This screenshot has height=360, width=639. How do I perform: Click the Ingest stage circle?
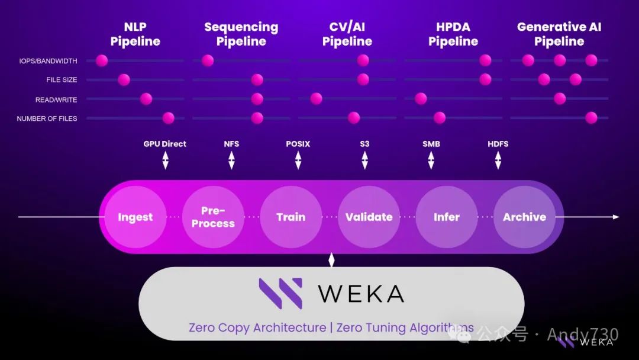(135, 217)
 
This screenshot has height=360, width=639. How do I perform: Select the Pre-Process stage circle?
(213, 217)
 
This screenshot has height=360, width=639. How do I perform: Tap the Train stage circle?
(291, 217)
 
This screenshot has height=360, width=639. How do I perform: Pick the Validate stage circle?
(369, 217)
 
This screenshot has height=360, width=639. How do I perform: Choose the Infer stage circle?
(446, 217)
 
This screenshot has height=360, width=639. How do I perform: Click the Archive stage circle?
(524, 217)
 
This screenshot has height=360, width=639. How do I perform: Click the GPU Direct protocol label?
(165, 144)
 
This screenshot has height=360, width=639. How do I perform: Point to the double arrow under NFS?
(231, 160)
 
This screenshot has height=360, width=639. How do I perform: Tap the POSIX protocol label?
(298, 144)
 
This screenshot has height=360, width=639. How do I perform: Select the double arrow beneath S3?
(364, 160)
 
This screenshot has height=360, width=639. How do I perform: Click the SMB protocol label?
(431, 144)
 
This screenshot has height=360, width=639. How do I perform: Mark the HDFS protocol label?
(498, 144)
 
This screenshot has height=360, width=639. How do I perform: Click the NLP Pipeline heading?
(135, 34)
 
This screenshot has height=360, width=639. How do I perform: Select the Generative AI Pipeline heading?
(559, 34)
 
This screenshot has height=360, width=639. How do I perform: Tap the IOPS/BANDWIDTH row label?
(48, 61)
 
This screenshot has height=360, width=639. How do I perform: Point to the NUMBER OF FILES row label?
(47, 118)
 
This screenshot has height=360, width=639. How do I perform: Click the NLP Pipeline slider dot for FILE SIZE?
(124, 80)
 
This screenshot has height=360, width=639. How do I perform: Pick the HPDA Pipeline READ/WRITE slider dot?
(421, 99)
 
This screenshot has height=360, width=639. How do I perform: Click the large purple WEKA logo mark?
(280, 293)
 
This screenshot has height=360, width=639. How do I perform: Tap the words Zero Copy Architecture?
(257, 327)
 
